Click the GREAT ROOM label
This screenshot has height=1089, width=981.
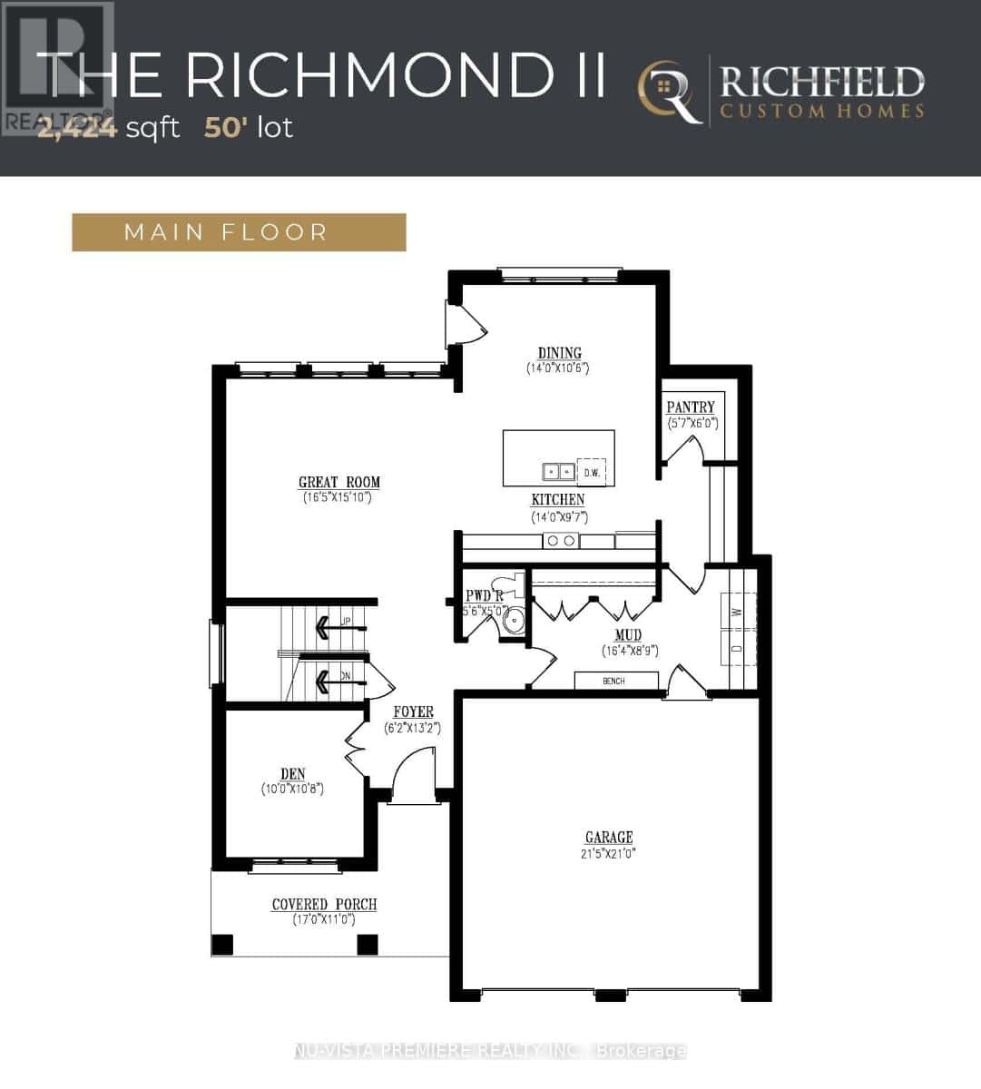[338, 482]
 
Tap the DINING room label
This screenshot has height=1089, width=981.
[559, 353]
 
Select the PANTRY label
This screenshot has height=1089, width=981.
[691, 407]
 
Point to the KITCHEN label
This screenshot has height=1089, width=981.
[558, 500]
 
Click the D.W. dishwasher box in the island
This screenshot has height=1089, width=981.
[592, 472]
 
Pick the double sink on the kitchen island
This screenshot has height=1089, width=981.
[558, 471]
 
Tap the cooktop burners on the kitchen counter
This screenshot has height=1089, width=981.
[560, 541]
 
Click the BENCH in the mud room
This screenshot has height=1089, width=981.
[614, 681]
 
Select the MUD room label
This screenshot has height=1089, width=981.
[628, 635]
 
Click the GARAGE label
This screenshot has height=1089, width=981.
[609, 838]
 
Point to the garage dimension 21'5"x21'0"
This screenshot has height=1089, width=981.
[609, 854]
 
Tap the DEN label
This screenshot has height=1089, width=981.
[292, 774]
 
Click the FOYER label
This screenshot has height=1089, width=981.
[413, 712]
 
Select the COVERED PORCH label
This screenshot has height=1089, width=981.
[324, 905]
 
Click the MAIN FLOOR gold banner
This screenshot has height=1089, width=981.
[239, 232]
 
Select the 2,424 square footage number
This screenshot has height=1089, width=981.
[77, 128]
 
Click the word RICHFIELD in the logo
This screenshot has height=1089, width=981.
[821, 83]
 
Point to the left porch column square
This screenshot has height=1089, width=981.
[222, 945]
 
